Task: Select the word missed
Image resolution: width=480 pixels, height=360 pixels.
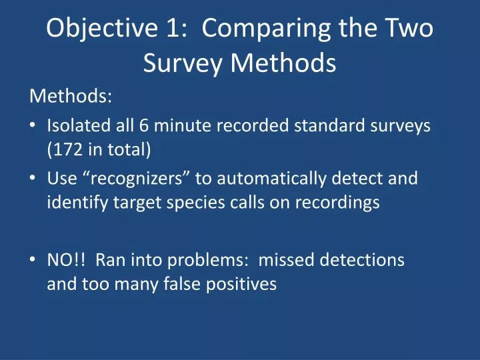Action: pos(285,260)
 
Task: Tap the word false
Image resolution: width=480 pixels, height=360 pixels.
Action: pos(171,284)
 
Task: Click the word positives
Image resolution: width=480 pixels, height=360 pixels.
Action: pos(235,284)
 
